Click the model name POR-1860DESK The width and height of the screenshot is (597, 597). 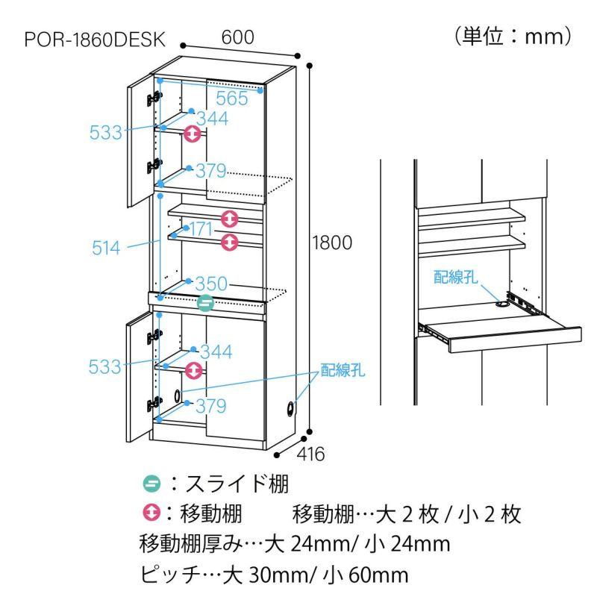click(x=95, y=40)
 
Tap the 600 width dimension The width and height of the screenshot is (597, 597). click(x=237, y=37)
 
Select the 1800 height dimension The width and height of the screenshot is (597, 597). click(x=332, y=243)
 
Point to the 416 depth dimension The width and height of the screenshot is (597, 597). click(x=310, y=454)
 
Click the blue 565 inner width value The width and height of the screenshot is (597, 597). click(x=232, y=99)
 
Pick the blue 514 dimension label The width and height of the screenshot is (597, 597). click(x=106, y=248)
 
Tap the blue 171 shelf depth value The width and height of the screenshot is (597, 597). click(x=201, y=229)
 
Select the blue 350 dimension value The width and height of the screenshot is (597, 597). click(x=211, y=284)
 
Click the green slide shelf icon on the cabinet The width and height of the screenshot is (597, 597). click(x=206, y=303)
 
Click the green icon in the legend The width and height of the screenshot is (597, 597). click(x=152, y=484)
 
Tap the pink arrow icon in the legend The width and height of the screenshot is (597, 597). click(x=152, y=513)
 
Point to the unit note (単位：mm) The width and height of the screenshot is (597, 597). click(x=513, y=37)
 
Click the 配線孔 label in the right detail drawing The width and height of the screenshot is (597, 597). click(x=456, y=277)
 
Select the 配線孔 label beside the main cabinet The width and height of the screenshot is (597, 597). click(x=343, y=369)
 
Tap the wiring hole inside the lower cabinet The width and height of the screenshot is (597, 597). click(x=178, y=396)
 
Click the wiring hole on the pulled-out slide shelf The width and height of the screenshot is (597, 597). click(x=501, y=305)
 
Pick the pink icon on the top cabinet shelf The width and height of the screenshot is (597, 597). click(x=193, y=134)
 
